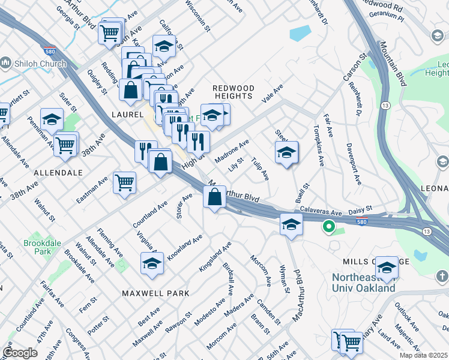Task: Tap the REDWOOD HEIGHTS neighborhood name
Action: click(234, 92)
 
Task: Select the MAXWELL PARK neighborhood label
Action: click(155, 293)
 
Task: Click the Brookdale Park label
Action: click(38, 247)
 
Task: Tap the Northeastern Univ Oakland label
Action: click(364, 283)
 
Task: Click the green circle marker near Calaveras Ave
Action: click(328, 227)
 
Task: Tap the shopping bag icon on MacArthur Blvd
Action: click(214, 196)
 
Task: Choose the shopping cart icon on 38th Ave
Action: click(65, 144)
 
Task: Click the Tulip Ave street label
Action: click(260, 169)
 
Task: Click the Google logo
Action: click(20, 353)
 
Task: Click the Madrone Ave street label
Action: click(232, 152)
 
